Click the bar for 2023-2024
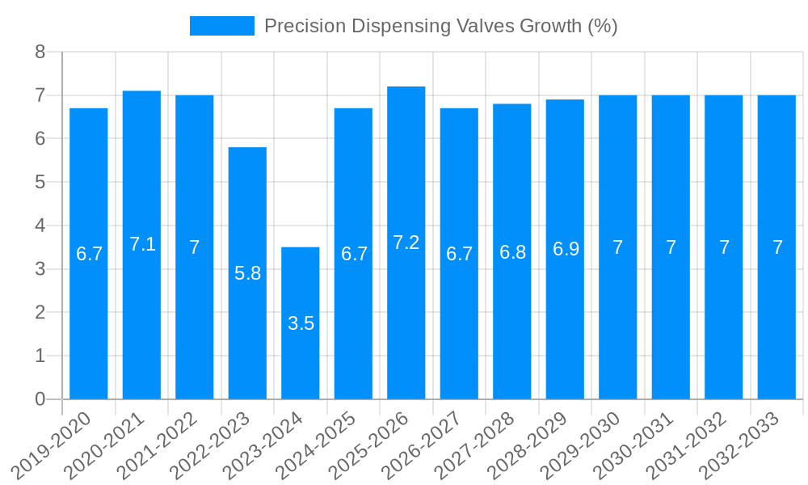click(301, 323)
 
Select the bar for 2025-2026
click(406, 242)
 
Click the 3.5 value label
click(301, 324)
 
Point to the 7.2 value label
click(406, 242)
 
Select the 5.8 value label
click(247, 273)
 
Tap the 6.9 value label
click(566, 249)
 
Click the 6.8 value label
click(512, 252)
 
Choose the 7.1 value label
click(142, 244)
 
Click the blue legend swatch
click(221, 26)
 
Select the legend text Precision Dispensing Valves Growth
click(440, 26)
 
